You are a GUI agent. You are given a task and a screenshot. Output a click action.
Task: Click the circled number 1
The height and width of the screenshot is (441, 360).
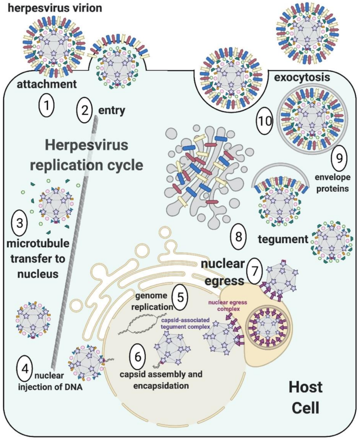pyautogui.click(x=46, y=107)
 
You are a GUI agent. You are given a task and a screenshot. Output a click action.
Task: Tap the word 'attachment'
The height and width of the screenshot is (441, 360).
pyautogui.click(x=46, y=84)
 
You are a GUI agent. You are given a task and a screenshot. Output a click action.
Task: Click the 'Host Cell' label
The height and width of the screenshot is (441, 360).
pyautogui.click(x=306, y=397)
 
